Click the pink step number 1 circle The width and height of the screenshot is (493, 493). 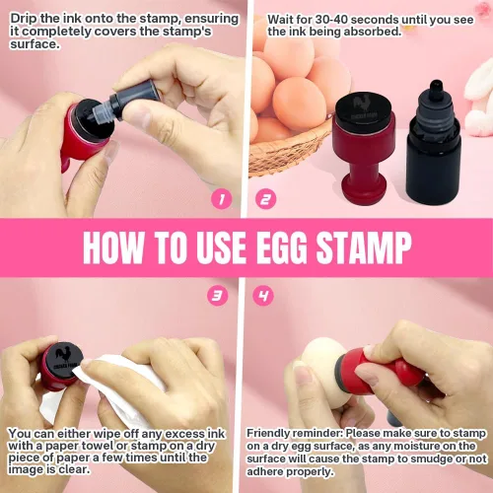point(222,199)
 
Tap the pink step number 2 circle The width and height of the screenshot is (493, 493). point(265,199)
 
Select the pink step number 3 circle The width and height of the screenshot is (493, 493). point(217,296)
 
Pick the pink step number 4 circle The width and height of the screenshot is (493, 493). point(263,296)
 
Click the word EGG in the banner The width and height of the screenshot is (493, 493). point(284,247)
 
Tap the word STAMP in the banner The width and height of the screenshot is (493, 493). point(364,247)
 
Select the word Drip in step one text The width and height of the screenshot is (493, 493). point(24,19)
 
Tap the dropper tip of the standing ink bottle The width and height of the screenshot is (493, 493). point(437,86)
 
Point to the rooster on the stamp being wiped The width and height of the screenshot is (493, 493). point(62,354)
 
